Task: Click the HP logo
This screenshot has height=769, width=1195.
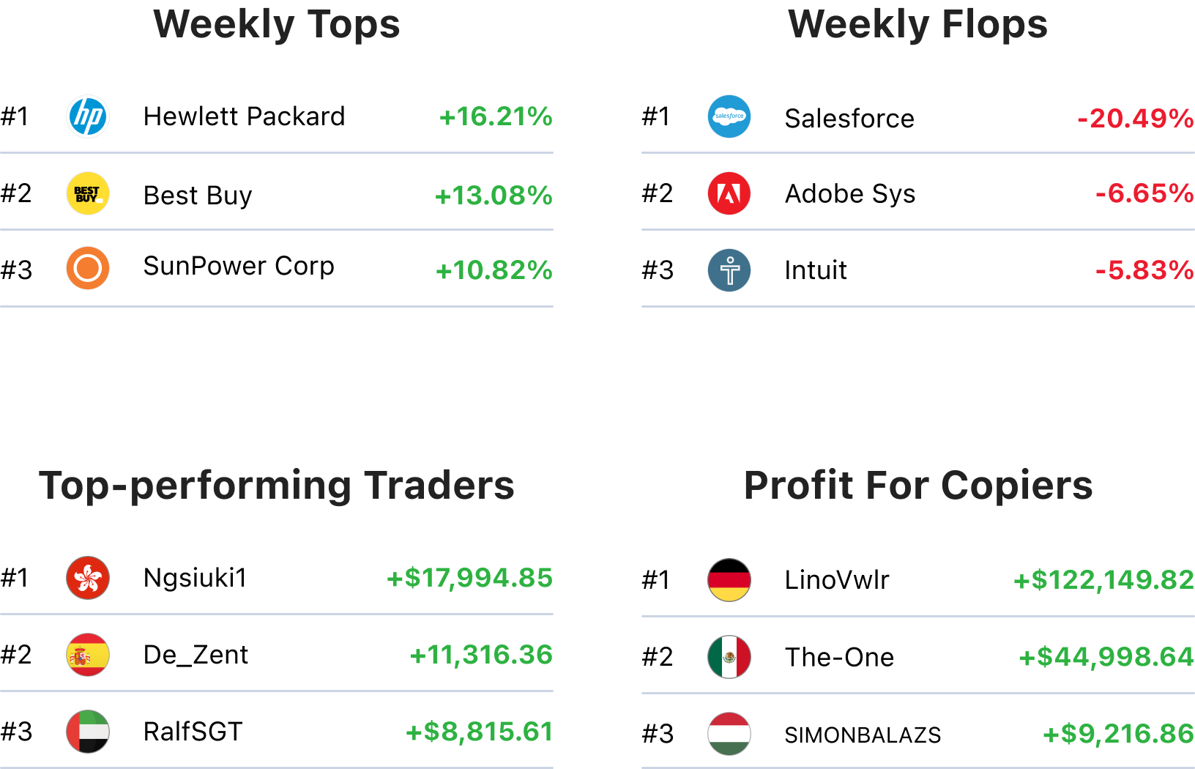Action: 88,116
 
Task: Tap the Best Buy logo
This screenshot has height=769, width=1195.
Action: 88,193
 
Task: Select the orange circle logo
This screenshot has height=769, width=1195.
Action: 88,268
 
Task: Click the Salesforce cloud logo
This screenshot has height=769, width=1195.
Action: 729,116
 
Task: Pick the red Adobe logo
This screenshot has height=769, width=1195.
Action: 729,193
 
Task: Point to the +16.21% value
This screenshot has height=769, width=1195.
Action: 496,116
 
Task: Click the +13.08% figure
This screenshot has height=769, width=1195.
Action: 494,196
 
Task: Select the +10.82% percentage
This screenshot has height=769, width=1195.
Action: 494,270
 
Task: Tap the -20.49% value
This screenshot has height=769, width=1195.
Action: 1135,118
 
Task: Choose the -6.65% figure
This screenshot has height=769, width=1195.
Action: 1144,193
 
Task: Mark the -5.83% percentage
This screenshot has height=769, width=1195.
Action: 1144,270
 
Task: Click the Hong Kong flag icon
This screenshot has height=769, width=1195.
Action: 88,578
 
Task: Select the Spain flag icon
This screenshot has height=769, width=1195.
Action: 88,655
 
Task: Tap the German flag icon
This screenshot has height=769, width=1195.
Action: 729,580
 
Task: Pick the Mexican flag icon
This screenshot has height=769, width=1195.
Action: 729,657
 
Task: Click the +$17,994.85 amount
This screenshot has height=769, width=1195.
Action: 469,578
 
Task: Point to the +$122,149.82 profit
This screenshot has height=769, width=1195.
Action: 1103,580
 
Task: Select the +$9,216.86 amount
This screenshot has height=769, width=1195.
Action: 1118,733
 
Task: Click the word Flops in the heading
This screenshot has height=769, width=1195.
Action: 994,24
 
